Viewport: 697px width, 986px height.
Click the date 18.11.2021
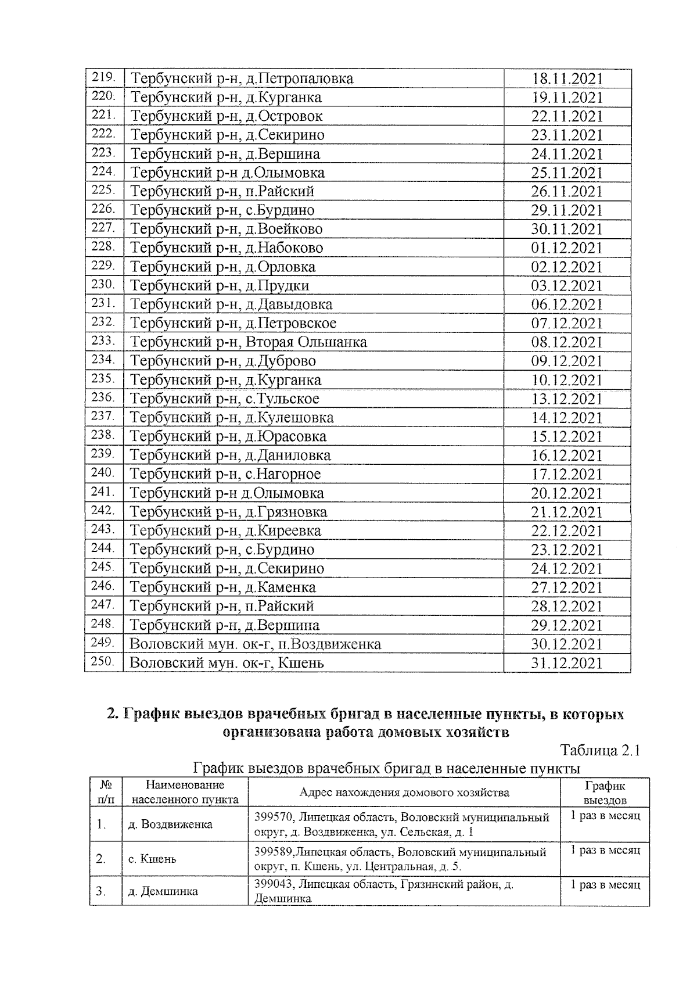(x=567, y=79)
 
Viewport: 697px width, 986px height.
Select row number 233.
(x=103, y=341)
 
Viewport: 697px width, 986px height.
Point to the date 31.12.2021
(x=567, y=664)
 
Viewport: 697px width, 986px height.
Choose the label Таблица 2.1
(x=600, y=750)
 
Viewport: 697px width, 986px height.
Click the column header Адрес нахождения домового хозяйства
(x=404, y=793)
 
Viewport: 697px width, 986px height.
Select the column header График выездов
(x=605, y=793)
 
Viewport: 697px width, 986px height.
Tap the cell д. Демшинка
(x=163, y=891)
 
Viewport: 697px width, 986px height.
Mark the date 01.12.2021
(x=567, y=248)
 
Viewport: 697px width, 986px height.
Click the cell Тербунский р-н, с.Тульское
(x=224, y=399)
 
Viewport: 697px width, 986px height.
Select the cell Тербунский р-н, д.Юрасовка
(x=228, y=436)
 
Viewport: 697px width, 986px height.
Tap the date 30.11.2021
(x=567, y=230)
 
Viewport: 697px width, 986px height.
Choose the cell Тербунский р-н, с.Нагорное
(x=225, y=474)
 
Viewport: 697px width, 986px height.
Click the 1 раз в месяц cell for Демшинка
(x=605, y=885)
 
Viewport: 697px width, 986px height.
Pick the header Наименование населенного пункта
(x=185, y=793)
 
